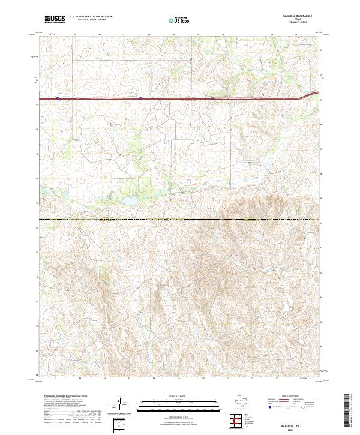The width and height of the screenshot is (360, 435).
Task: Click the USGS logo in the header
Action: (55, 19)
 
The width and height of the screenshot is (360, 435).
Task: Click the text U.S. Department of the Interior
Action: (90, 17)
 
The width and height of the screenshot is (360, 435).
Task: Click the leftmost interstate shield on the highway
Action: (58, 98)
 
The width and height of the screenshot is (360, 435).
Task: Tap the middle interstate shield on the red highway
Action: (140, 98)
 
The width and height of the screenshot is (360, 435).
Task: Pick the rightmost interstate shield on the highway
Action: (212, 98)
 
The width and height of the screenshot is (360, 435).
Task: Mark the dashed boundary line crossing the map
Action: (180, 220)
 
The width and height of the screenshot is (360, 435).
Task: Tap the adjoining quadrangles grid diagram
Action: (236, 422)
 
